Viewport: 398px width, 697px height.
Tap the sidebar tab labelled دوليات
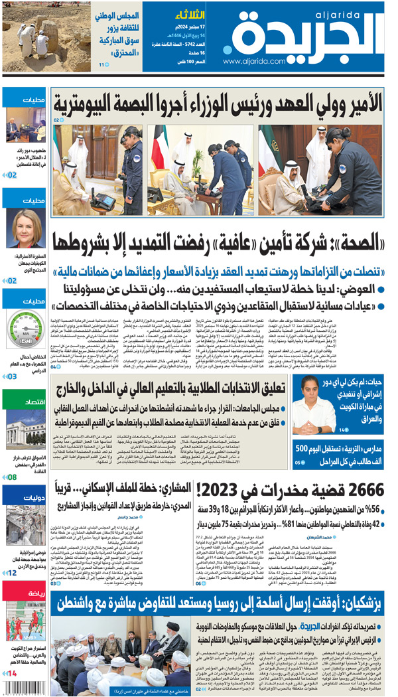pyautogui.click(x=25, y=496)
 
